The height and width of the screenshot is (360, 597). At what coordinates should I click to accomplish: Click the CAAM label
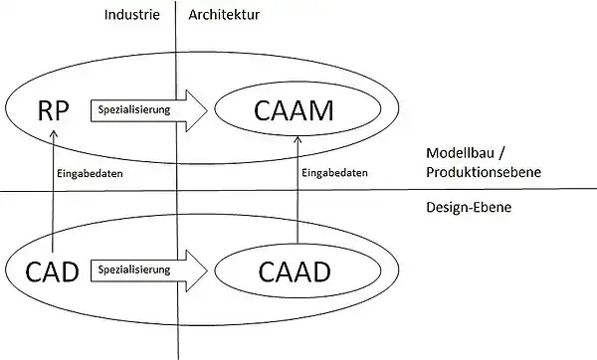(x=295, y=110)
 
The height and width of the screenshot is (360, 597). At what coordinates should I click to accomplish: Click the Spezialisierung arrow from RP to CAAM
(x=149, y=109)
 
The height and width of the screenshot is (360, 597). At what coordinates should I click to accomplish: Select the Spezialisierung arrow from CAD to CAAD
(x=149, y=269)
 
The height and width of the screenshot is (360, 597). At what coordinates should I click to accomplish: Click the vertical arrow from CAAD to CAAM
(x=296, y=189)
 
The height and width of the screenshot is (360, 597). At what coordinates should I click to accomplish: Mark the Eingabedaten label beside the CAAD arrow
(x=334, y=172)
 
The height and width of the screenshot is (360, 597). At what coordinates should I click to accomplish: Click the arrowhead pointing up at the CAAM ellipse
(x=296, y=141)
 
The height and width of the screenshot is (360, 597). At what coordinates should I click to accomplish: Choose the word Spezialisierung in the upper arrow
(x=135, y=109)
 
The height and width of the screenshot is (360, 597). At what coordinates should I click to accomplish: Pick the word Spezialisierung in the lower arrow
(x=135, y=269)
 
